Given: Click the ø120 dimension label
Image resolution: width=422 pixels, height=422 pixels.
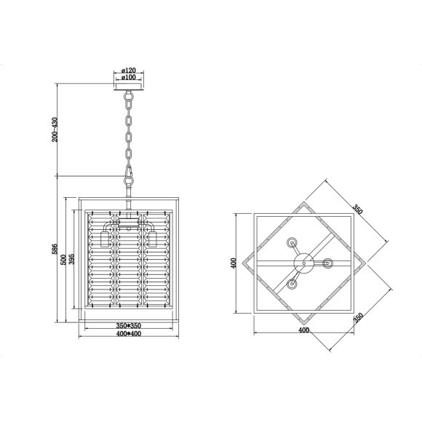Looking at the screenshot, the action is (x=128, y=71).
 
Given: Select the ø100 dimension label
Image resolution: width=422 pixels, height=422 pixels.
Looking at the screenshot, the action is (x=128, y=78).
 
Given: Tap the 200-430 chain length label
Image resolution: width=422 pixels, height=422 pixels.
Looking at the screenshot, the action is (x=55, y=130).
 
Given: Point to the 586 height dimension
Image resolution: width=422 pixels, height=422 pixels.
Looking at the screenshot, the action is (x=55, y=249).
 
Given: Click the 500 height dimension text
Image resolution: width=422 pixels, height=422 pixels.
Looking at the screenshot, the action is (x=63, y=260).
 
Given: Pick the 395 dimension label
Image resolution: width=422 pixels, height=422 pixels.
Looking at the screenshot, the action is (x=71, y=259).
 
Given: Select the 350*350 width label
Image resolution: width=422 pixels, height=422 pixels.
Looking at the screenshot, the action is (x=129, y=326).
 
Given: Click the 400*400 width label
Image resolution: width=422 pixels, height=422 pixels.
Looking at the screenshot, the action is (x=129, y=334).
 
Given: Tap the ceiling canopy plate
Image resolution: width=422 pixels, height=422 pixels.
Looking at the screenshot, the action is (x=129, y=87).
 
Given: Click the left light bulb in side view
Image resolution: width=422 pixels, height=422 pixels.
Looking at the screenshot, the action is (x=105, y=239).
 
